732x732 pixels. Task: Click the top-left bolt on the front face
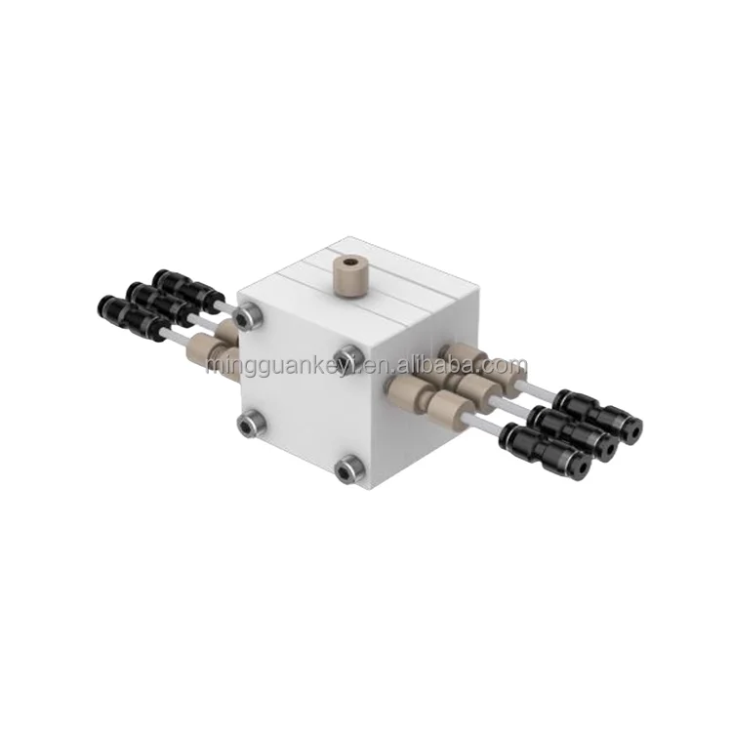[x=251, y=314]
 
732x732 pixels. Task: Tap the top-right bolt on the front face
[x=349, y=353]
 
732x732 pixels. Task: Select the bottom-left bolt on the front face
[x=251, y=422]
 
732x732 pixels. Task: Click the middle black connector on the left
[x=153, y=301]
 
